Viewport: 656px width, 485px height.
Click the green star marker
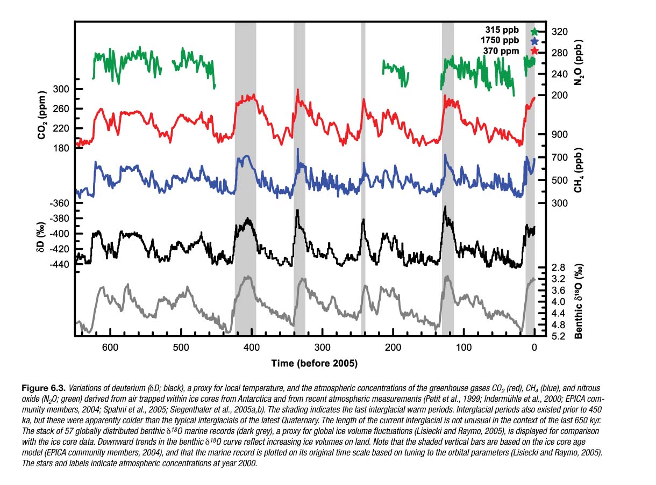(x=534, y=31)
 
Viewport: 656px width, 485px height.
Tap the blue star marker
(x=534, y=41)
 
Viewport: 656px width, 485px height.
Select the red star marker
(x=534, y=51)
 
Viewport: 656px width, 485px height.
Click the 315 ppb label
(x=503, y=31)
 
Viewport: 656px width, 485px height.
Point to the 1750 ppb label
(x=500, y=41)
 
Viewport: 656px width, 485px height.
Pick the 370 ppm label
(x=501, y=51)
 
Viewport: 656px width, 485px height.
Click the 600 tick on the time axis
(x=110, y=347)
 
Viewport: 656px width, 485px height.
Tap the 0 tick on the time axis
(x=534, y=347)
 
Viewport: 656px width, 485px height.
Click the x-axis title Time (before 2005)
(x=314, y=364)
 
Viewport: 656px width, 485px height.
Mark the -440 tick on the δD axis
(x=58, y=264)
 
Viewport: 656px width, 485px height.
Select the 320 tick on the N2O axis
(x=560, y=32)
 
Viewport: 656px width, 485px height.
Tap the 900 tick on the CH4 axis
(x=560, y=134)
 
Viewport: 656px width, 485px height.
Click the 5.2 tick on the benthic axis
(x=559, y=337)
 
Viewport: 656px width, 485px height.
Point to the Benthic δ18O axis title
(x=579, y=302)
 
